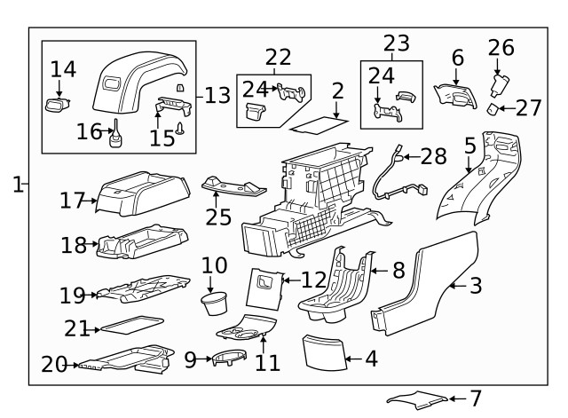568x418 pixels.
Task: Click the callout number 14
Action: coord(63,68)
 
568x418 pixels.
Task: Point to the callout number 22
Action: coord(278,57)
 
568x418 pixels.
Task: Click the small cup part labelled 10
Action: coord(214,307)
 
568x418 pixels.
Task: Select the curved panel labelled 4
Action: coord(322,351)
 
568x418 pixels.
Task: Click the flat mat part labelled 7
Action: coord(414,399)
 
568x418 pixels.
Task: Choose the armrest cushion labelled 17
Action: coord(142,191)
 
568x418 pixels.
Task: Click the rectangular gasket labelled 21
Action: coord(130,323)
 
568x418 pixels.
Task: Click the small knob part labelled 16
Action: coord(116,136)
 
